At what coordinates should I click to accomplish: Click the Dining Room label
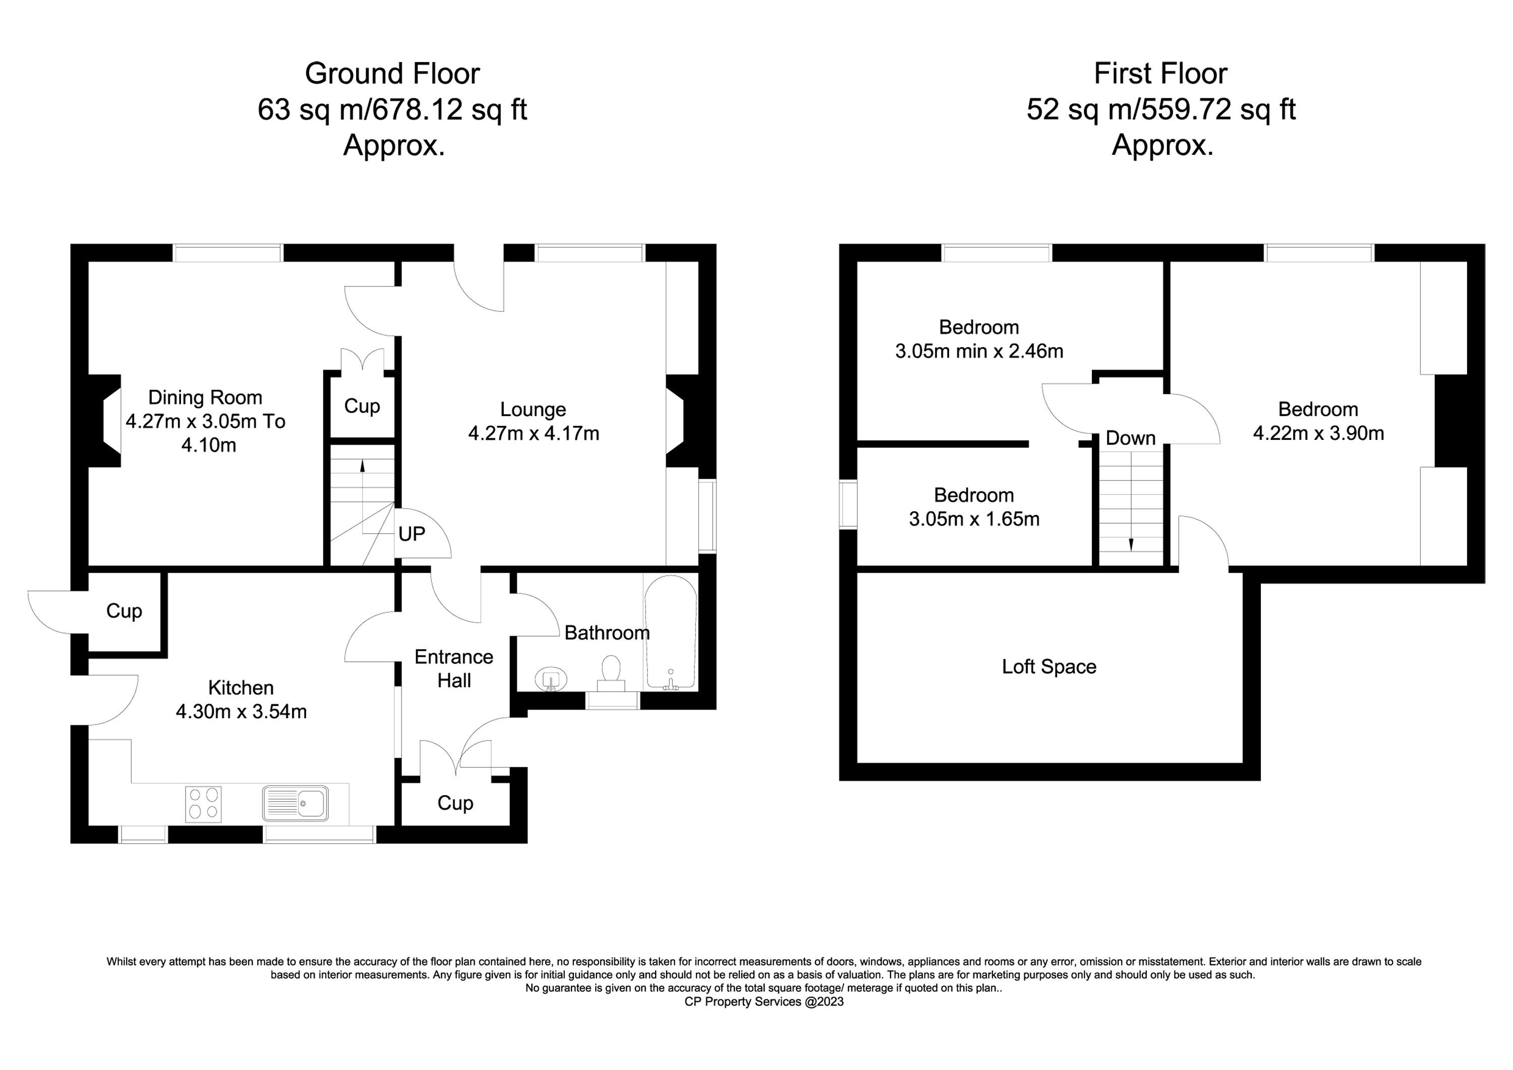pyautogui.click(x=205, y=398)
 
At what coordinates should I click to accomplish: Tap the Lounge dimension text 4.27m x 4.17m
pyautogui.click(x=534, y=433)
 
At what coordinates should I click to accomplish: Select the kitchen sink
pyautogui.click(x=295, y=804)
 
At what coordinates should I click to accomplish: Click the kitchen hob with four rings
pyautogui.click(x=204, y=804)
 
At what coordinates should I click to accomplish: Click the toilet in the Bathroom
pyautogui.click(x=611, y=673)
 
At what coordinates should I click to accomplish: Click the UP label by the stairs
pyautogui.click(x=412, y=534)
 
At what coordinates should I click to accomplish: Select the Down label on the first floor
pyautogui.click(x=1131, y=438)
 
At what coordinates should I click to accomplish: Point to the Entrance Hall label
pyautogui.click(x=454, y=668)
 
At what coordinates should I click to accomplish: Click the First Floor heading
pyautogui.click(x=1160, y=74)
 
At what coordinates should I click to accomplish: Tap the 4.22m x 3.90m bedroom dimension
pyautogui.click(x=1319, y=433)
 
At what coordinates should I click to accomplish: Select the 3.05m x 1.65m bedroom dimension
pyautogui.click(x=974, y=519)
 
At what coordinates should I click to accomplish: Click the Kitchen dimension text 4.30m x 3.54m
pyautogui.click(x=241, y=712)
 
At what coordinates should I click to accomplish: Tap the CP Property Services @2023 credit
pyautogui.click(x=765, y=1002)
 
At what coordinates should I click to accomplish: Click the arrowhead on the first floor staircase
pyautogui.click(x=1131, y=544)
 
